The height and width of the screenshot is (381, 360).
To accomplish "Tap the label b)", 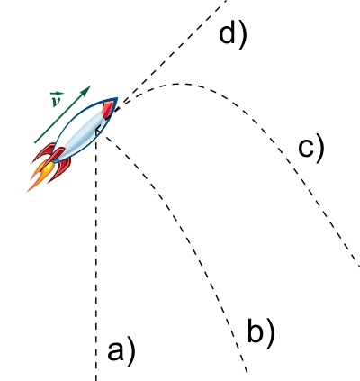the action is [x=261, y=332].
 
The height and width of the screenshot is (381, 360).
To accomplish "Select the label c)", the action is [x=311, y=148].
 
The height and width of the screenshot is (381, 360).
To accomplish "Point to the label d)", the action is [x=233, y=34].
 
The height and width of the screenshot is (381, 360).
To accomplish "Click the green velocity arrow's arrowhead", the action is [x=86, y=90].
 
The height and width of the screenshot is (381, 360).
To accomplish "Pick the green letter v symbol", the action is [x=56, y=102].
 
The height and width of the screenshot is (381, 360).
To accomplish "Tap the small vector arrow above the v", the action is [x=57, y=95].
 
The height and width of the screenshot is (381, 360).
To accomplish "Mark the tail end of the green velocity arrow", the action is [x=35, y=142].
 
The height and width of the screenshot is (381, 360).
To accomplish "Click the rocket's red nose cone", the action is [x=110, y=107].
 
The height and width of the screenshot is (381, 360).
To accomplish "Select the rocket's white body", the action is [x=82, y=132].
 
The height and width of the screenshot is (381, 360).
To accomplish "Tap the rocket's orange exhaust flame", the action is [x=40, y=177].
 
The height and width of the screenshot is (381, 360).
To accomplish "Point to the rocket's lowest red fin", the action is [x=60, y=170].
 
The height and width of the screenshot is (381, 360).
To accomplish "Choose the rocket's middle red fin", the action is [x=55, y=156].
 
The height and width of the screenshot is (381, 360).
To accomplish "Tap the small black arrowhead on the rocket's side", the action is [x=98, y=132].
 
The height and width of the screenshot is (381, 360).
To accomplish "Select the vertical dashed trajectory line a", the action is [x=96, y=259].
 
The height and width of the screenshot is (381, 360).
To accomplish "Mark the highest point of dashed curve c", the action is [x=180, y=84].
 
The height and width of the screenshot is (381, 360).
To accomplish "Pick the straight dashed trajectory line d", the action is [x=171, y=55].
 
